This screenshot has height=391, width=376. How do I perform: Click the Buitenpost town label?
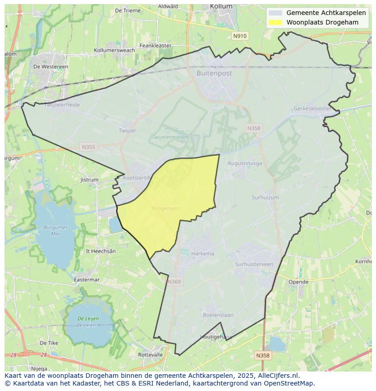click(214, 73)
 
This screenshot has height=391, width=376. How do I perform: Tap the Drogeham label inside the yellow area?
click(165, 208)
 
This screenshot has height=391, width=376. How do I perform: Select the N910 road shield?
click(240, 36)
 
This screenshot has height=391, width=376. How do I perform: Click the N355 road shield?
click(89, 147)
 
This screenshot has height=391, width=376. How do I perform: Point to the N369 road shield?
click(174, 282)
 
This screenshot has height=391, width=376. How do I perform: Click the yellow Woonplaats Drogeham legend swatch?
click(275, 22)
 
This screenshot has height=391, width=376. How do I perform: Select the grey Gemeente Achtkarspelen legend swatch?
click(275, 13)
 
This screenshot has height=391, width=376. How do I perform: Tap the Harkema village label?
click(203, 253)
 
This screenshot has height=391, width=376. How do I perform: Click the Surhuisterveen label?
click(254, 264)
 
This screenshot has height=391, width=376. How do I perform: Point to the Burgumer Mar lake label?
click(56, 230)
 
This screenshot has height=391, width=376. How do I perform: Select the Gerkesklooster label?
click(312, 109)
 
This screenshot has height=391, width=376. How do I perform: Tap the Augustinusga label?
click(245, 163)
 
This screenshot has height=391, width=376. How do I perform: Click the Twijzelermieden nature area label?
click(170, 137)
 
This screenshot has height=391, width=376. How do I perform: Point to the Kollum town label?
click(221, 6)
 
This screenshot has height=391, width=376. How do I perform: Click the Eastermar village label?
click(86, 280)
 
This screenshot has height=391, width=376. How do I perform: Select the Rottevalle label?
click(150, 355)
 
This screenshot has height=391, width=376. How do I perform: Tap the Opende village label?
click(298, 282)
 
